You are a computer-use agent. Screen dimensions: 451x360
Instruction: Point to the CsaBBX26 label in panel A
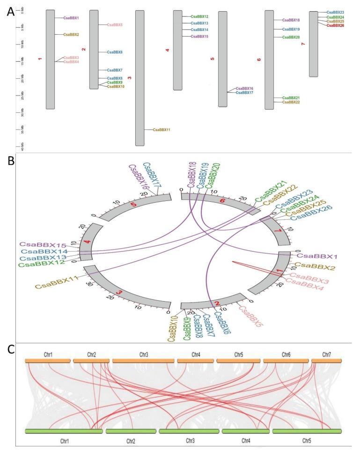335,25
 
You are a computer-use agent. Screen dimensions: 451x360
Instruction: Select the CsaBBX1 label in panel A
71,18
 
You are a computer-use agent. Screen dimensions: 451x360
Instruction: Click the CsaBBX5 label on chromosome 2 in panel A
115,24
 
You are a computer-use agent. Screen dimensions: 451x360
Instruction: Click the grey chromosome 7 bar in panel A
313,44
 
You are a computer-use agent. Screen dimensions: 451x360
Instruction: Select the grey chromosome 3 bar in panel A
140,78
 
